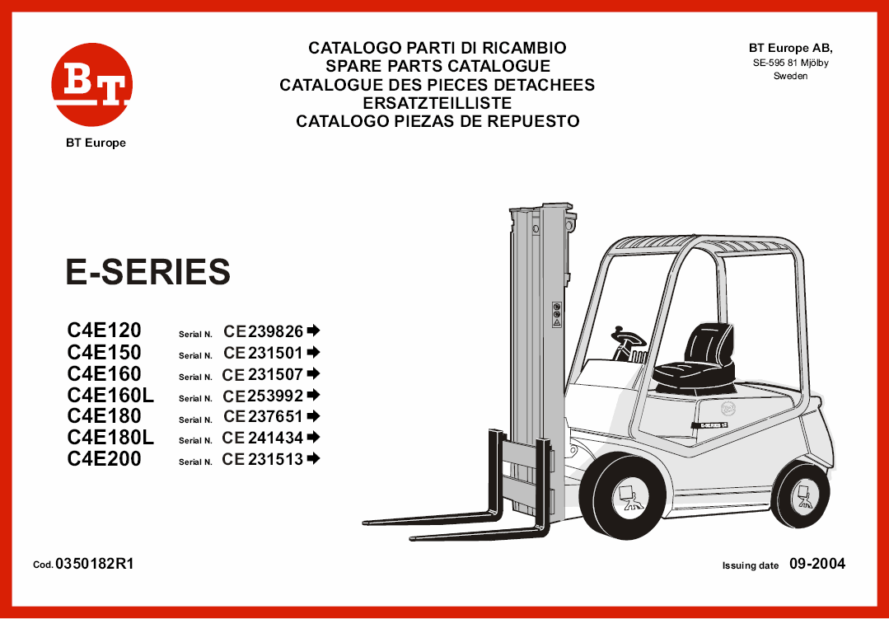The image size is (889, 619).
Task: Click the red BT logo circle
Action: (x=91, y=84)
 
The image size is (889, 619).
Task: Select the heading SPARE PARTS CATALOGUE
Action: (x=437, y=66)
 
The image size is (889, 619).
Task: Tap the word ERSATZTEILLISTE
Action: (x=437, y=103)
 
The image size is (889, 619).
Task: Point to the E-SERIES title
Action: (x=148, y=272)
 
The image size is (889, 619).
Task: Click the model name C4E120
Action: (x=104, y=331)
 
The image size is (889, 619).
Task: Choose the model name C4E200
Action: (x=104, y=458)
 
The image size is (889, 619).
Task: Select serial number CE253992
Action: (x=263, y=395)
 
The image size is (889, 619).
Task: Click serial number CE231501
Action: (x=263, y=352)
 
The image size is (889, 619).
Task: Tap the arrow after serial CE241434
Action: (x=314, y=437)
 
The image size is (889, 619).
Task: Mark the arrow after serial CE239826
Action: (x=314, y=330)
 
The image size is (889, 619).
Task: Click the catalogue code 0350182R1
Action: (x=95, y=564)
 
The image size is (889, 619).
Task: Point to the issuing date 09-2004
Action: (x=817, y=564)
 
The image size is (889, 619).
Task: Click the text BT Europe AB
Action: (x=791, y=48)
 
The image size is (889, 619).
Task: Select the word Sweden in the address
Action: (x=791, y=77)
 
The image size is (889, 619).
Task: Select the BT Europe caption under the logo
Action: (x=96, y=143)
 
